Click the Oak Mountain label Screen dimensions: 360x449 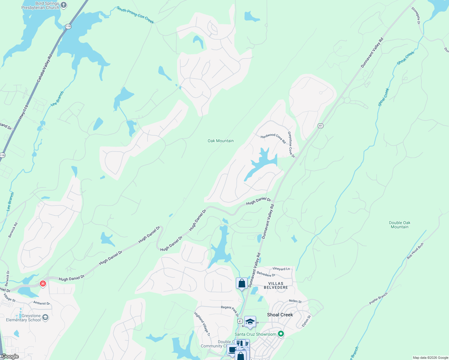221,141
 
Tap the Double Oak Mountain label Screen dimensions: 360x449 399,225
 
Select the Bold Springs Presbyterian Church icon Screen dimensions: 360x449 64,5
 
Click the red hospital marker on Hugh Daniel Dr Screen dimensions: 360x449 43,283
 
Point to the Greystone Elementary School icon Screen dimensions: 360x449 45,317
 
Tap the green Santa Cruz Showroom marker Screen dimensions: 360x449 281,334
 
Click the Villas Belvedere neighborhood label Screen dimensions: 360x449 276,285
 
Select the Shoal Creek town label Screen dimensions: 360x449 280,315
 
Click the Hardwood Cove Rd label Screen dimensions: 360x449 273,138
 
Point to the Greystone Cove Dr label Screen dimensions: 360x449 291,145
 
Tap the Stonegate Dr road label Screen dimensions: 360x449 416,15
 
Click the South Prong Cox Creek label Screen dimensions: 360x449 135,15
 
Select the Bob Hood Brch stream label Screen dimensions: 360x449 415,251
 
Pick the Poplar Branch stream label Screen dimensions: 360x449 378,298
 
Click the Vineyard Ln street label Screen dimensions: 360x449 281,269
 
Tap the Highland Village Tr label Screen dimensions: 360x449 202,324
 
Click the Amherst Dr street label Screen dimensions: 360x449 41,303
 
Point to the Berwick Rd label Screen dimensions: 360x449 13,230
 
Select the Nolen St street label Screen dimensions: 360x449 295,301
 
